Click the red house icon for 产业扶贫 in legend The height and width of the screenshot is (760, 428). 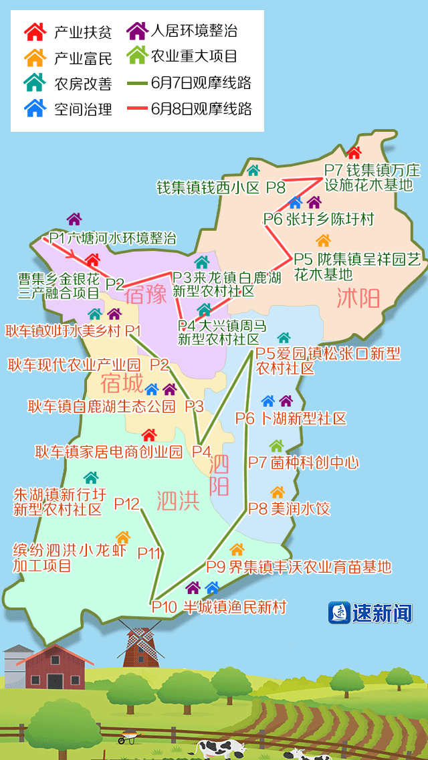(x=35, y=31)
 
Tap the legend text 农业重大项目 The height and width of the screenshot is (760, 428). (x=195, y=56)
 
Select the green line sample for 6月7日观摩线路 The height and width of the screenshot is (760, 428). (x=138, y=83)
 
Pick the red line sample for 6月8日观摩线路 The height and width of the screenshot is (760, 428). (x=138, y=108)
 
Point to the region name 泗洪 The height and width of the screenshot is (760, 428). (x=178, y=500)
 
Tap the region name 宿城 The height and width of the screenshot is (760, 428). (x=122, y=383)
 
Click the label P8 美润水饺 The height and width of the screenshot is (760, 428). (x=289, y=508)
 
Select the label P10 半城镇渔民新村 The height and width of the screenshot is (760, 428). (x=219, y=607)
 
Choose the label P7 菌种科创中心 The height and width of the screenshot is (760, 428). (x=304, y=462)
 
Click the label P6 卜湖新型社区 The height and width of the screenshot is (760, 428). (x=291, y=419)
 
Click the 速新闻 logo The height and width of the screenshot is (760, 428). (x=370, y=612)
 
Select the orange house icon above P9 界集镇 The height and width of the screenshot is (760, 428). (x=237, y=550)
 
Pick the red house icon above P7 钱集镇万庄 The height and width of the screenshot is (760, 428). (x=354, y=153)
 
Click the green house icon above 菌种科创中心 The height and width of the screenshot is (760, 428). (x=276, y=446)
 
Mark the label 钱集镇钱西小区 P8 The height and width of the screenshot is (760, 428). (x=221, y=188)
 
